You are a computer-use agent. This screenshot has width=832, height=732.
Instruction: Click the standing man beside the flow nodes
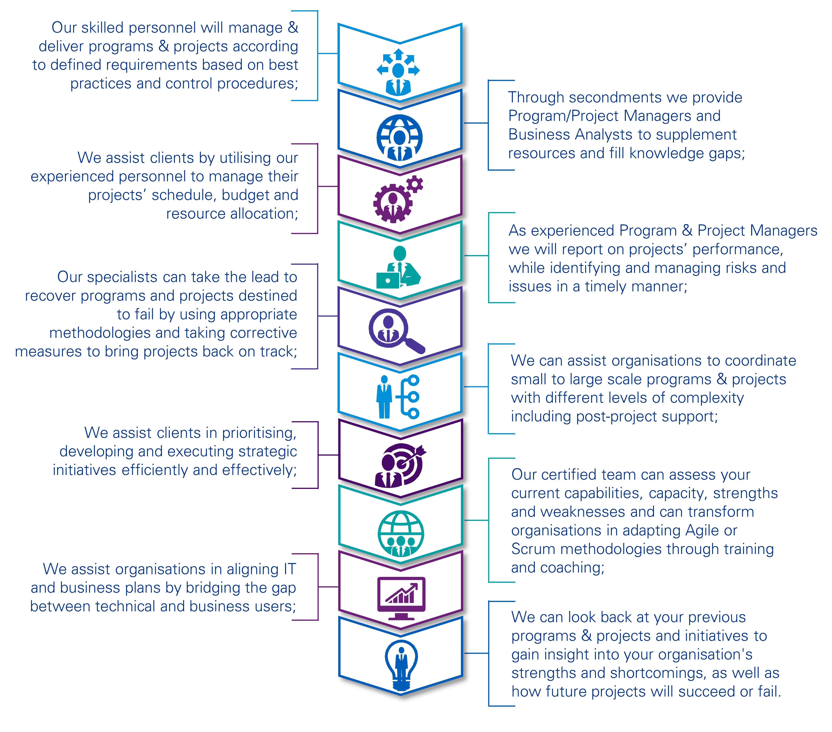pyautogui.click(x=384, y=397)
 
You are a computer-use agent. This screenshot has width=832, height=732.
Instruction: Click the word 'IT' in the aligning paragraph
pyautogui.click(x=290, y=569)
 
